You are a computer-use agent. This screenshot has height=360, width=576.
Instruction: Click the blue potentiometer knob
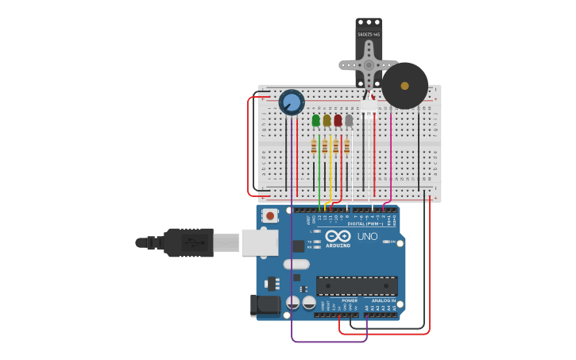[292, 103]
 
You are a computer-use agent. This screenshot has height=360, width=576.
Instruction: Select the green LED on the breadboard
[316, 120]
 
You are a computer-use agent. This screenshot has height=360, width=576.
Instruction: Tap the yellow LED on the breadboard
[327, 120]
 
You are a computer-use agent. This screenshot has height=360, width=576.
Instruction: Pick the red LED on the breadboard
[338, 120]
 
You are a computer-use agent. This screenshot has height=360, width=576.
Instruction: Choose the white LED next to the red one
[349, 120]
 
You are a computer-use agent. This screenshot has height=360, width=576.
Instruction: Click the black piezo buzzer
[404, 86]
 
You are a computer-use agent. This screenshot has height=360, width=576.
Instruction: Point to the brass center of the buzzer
[404, 86]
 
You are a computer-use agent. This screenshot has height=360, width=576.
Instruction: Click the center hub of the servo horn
[369, 65]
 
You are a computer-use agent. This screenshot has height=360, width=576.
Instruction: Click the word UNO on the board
[367, 236]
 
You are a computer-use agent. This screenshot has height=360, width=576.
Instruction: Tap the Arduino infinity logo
[338, 236]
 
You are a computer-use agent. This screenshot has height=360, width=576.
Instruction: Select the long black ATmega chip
[357, 286]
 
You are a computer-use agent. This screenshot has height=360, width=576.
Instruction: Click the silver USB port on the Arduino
[260, 242]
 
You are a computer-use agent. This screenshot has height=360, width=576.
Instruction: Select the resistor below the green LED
[315, 146]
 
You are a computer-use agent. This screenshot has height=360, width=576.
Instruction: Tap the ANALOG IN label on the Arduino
[383, 300]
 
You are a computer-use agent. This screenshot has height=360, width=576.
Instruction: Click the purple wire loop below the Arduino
[329, 342]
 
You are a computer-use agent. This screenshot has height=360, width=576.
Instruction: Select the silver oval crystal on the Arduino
[296, 264]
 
